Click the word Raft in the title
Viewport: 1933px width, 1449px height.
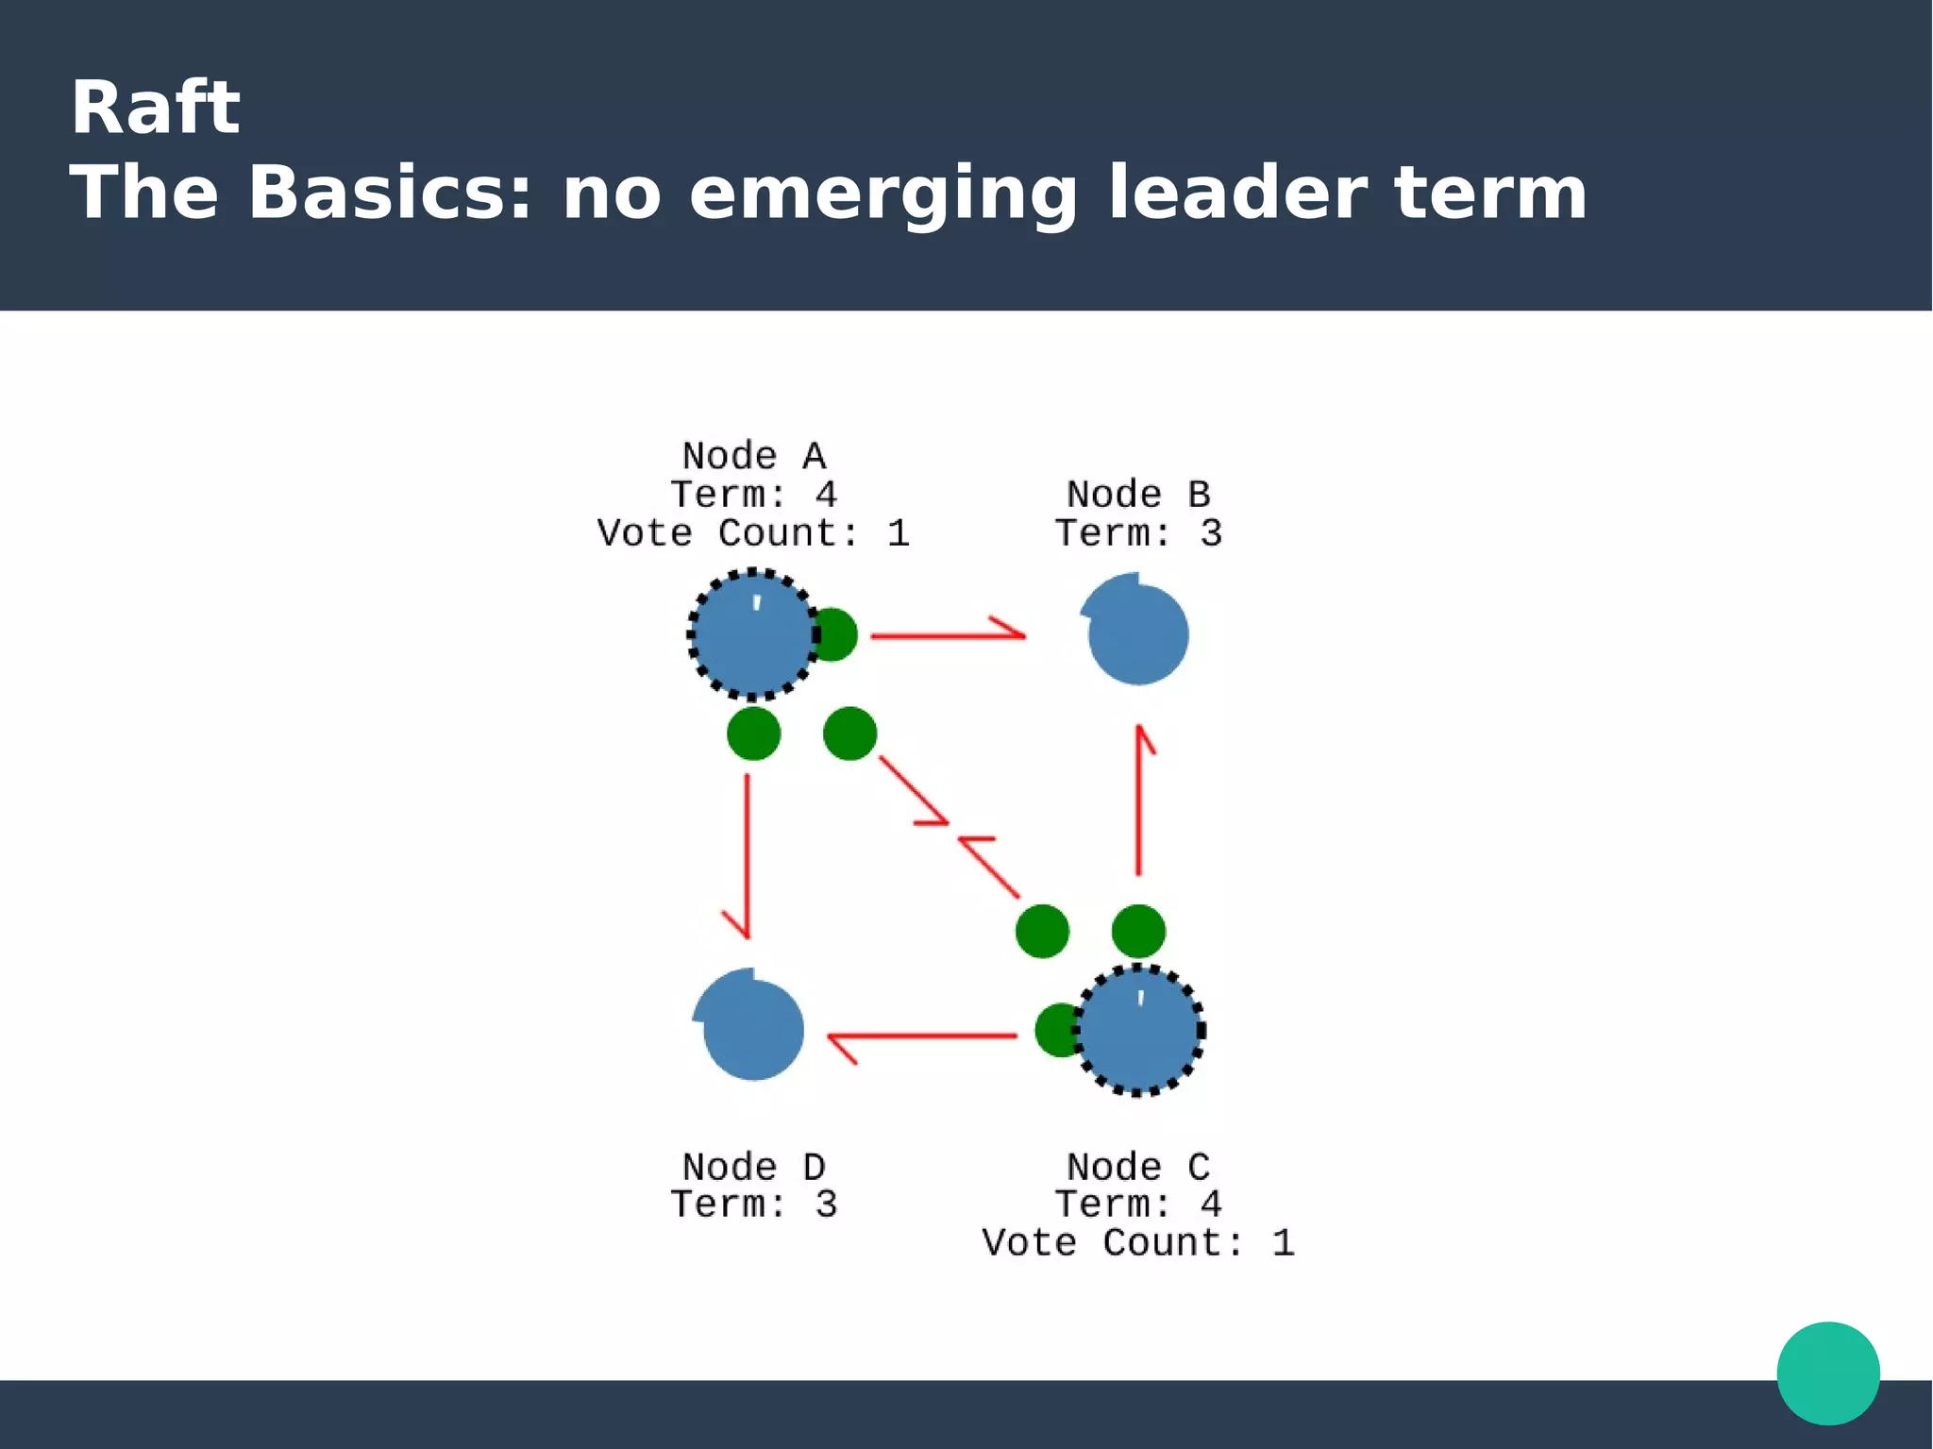tap(155, 108)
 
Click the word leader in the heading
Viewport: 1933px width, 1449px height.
tap(1236, 193)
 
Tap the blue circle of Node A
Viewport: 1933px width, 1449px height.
tap(752, 634)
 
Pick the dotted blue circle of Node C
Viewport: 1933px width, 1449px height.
tap(1139, 1030)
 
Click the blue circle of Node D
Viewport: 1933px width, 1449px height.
tap(751, 1028)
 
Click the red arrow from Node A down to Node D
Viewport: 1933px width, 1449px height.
tap(747, 854)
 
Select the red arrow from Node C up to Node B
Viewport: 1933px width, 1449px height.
tap(1139, 802)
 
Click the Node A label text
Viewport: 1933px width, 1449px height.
tap(753, 456)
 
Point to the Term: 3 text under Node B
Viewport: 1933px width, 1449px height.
tap(1138, 533)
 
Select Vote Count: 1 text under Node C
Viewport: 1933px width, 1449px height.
tap(1137, 1243)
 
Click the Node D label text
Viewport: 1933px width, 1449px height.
tap(753, 1167)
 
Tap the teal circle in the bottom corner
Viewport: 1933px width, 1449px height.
tap(1827, 1373)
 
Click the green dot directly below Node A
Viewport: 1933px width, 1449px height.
tap(753, 733)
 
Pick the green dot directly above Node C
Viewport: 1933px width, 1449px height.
tap(1138, 931)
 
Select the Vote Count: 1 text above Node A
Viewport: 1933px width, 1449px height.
tap(753, 533)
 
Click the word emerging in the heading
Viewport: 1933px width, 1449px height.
tap(883, 193)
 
